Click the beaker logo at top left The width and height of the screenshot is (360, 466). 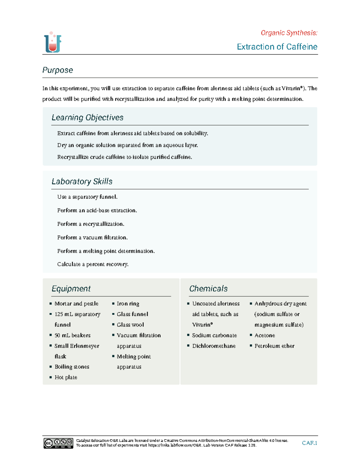click(x=52, y=42)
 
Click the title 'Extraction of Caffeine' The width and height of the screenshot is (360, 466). click(x=277, y=47)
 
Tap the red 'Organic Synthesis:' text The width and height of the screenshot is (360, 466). click(x=289, y=33)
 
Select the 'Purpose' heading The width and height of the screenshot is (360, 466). click(x=58, y=70)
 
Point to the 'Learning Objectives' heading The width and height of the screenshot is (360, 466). click(x=87, y=117)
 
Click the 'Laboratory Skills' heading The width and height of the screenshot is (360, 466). click(x=82, y=181)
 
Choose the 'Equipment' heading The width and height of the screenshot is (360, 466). click(x=71, y=288)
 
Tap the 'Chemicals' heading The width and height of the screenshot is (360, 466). click(x=208, y=288)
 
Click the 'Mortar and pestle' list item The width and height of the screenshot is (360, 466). click(x=76, y=303)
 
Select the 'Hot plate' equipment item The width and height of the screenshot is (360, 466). click(x=66, y=377)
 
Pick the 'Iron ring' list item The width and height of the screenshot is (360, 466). click(x=128, y=303)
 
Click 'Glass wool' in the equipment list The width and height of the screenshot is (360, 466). click(x=130, y=325)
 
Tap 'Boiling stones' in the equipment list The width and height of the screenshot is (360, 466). click(x=72, y=367)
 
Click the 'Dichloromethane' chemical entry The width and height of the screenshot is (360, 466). click(x=214, y=346)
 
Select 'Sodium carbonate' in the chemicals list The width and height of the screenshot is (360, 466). click(x=214, y=335)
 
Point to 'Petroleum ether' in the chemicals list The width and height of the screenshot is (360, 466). click(x=274, y=346)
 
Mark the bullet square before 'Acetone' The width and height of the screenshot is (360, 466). click(x=251, y=335)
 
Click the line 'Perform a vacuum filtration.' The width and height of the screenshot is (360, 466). click(x=92, y=237)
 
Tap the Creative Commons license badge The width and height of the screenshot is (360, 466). click(x=58, y=443)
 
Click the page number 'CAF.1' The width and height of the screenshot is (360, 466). click(x=309, y=443)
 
